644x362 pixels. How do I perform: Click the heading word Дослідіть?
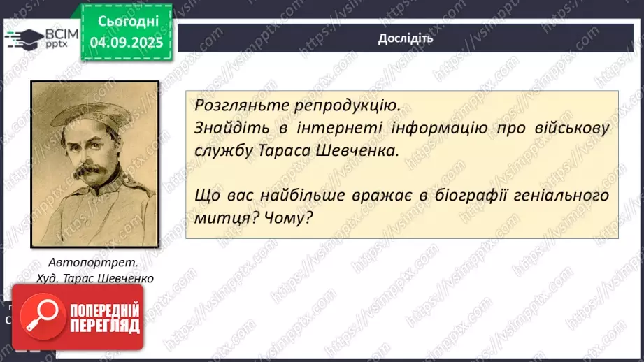(405, 38)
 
